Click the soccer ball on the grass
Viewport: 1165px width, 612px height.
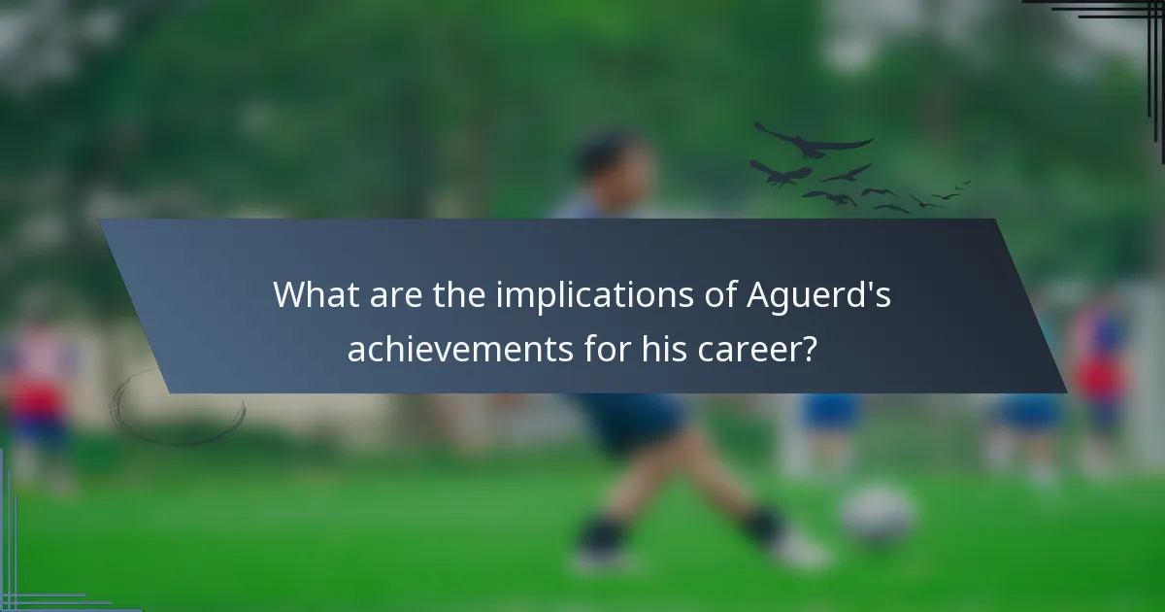(878, 515)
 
